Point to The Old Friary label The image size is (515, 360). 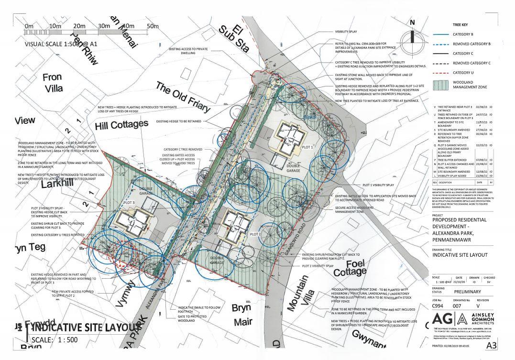click(x=183, y=97)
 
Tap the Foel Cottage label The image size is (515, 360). click(x=349, y=268)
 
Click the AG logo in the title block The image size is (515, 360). click(x=442, y=320)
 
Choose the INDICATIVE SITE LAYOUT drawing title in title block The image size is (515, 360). click(x=459, y=255)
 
